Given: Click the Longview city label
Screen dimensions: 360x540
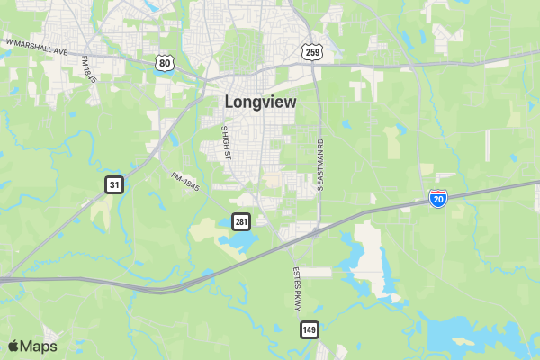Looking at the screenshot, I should point(260,102).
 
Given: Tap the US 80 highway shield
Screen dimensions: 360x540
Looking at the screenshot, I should point(163,61).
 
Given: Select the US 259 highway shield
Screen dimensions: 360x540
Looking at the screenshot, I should point(312,52).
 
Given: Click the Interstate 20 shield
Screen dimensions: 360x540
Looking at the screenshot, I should point(438,199).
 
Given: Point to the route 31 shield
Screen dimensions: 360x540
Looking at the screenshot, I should point(113,184).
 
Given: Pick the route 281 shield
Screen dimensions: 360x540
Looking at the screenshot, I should point(240,221).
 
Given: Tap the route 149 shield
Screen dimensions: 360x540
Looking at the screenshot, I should point(310,329).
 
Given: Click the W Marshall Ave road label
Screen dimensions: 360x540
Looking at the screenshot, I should point(37,47).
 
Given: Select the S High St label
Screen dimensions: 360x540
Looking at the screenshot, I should point(227,143).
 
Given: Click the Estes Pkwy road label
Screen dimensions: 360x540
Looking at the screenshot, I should point(296,288).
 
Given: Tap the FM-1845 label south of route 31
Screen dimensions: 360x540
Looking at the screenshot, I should point(184,182).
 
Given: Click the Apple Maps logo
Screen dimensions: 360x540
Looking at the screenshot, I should point(32,346).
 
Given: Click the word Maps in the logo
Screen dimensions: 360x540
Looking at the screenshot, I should point(39,346).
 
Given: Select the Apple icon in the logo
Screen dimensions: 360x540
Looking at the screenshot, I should point(13,346).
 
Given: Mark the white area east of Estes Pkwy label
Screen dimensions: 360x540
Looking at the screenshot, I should point(316,272).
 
